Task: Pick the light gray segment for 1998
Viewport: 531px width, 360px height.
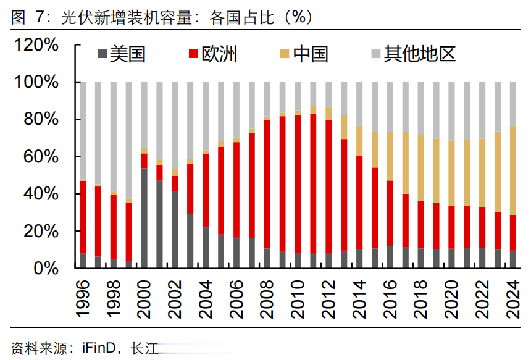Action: point(114,136)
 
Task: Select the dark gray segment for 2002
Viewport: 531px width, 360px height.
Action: point(175,229)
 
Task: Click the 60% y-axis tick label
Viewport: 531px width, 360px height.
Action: point(42,157)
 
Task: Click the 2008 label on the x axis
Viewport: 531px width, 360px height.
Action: point(267,299)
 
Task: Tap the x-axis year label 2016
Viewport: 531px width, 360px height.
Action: point(390,299)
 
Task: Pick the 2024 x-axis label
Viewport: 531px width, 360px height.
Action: point(512,299)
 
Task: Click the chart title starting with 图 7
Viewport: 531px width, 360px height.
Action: point(161,17)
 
